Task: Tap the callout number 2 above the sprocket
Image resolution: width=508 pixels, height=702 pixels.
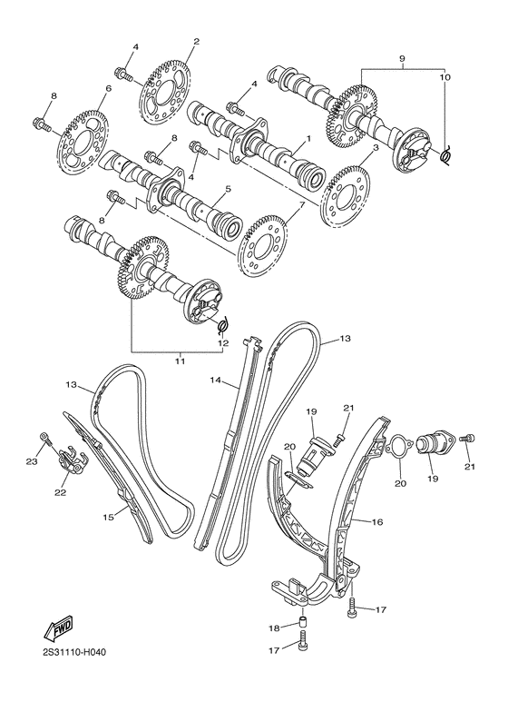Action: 197,41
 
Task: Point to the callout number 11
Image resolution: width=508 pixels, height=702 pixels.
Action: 180,361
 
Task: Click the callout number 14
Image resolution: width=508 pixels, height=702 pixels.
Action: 216,380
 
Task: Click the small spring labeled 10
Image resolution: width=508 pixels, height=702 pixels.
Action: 444,155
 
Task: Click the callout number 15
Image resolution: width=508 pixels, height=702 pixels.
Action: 108,518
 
